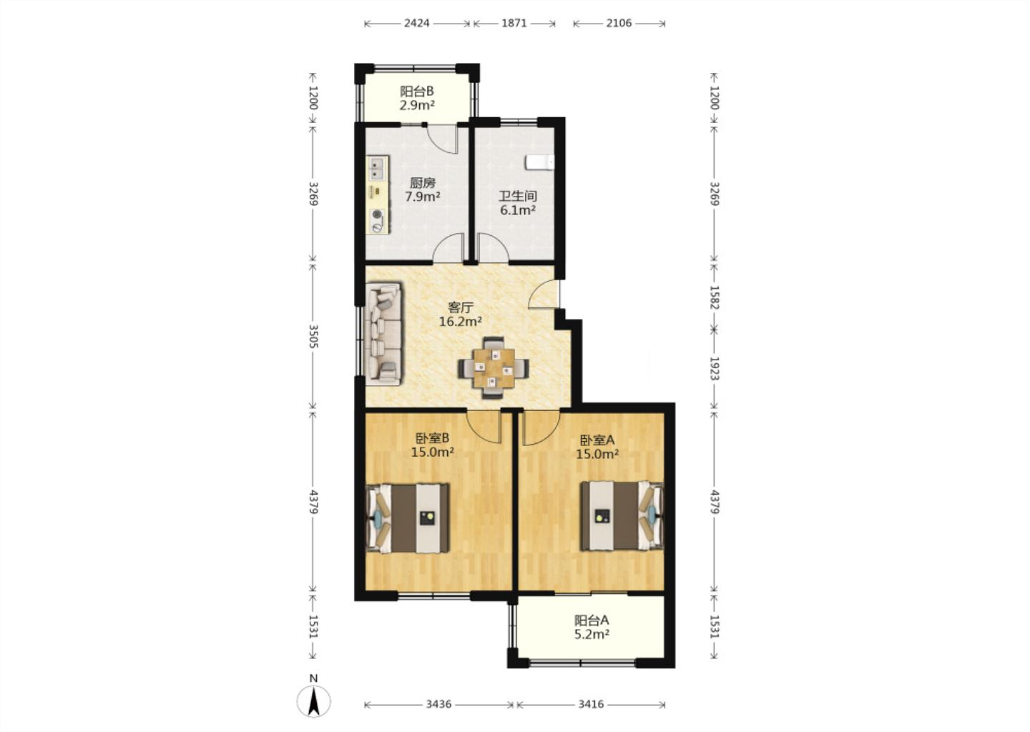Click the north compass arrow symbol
[313, 701]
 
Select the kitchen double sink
[377, 168]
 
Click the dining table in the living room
[494, 367]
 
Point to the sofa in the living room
[384, 333]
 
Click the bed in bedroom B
[408, 518]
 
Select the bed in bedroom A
[622, 515]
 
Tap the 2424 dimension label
[416, 23]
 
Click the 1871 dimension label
[514, 23]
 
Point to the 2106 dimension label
[619, 23]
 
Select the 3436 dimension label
[438, 704]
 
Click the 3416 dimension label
[591, 704]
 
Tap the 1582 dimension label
[714, 297]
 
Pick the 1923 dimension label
[714, 368]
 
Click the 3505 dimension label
[313, 337]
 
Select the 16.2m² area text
[461, 321]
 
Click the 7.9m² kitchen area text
[423, 197]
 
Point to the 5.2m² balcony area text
[592, 635]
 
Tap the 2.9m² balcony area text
[417, 105]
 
